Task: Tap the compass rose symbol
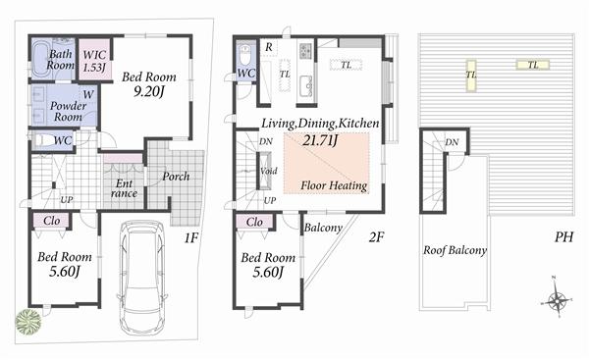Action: [558, 301]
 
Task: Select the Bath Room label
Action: [61, 58]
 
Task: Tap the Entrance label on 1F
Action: [125, 186]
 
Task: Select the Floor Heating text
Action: [334, 185]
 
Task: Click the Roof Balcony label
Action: [455, 250]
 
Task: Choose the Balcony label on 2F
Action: [323, 229]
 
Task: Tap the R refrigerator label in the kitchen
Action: [269, 46]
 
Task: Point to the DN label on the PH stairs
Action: [451, 143]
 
